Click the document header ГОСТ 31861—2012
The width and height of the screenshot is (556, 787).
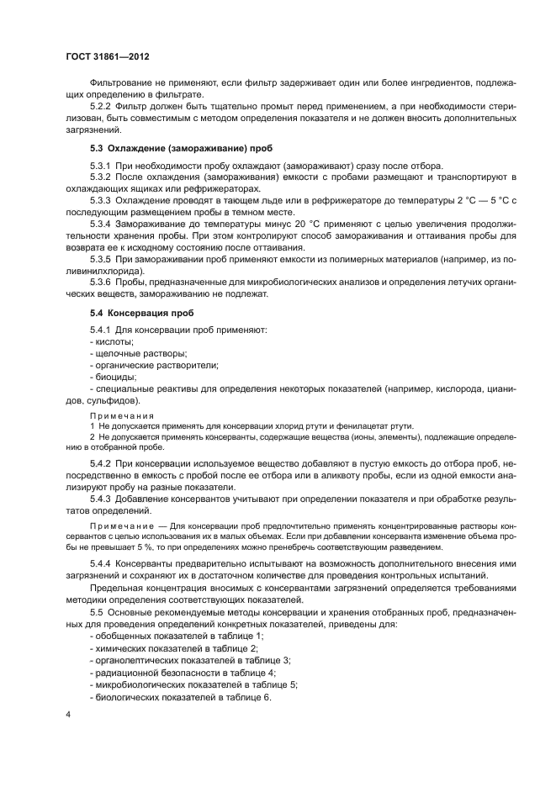pyautogui.click(x=109, y=56)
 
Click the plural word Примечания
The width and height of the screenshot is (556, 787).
pyautogui.click(x=122, y=415)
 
